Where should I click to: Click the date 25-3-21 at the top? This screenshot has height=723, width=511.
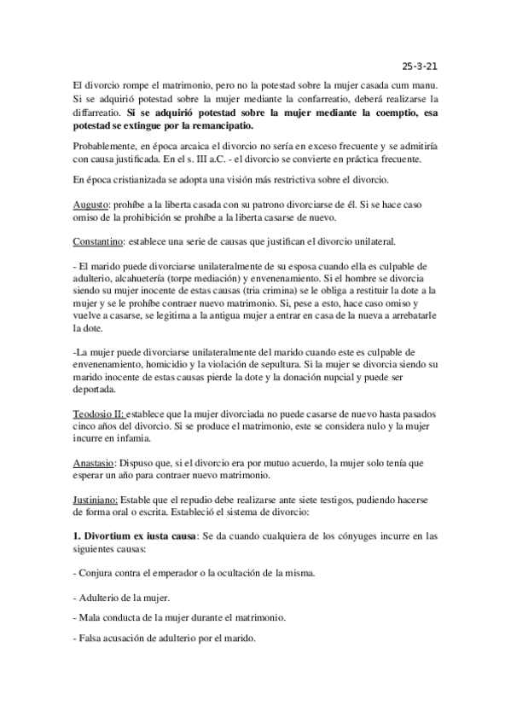click(420, 64)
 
